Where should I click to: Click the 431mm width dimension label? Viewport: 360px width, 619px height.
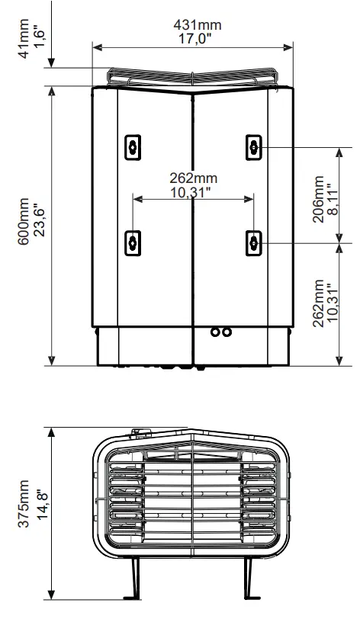coord(193,25)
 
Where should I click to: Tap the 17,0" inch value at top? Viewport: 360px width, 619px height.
coord(193,40)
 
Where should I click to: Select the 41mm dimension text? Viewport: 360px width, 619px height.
coord(28,42)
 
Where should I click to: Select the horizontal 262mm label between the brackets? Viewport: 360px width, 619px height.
coord(194,178)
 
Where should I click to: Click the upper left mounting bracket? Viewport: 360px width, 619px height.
coord(133,146)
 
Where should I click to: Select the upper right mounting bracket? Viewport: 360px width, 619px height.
coord(254,146)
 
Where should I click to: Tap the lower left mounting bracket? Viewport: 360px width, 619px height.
coord(133,242)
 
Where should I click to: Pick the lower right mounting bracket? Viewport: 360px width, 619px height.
coord(254,242)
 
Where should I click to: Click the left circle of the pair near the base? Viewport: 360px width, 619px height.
coord(215,332)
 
